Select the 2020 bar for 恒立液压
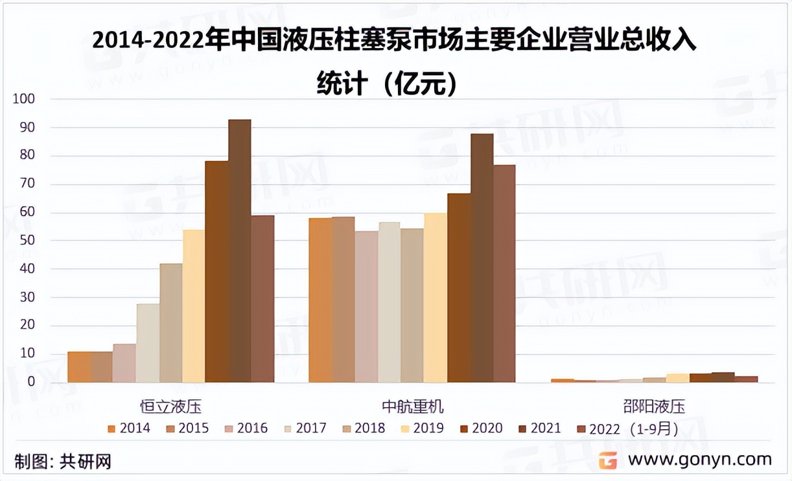coord(216,272)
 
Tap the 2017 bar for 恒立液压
coord(148,343)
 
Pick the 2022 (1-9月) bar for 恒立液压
coord(262,299)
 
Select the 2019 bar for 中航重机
coord(436,298)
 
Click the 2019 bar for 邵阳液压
coord(677,378)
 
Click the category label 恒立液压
coord(171,407)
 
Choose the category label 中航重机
coord(412,407)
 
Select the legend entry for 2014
coord(129,428)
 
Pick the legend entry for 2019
coord(421,428)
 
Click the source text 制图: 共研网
coord(63,462)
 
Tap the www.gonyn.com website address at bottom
coord(700,460)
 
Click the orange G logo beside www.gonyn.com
coord(607,460)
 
